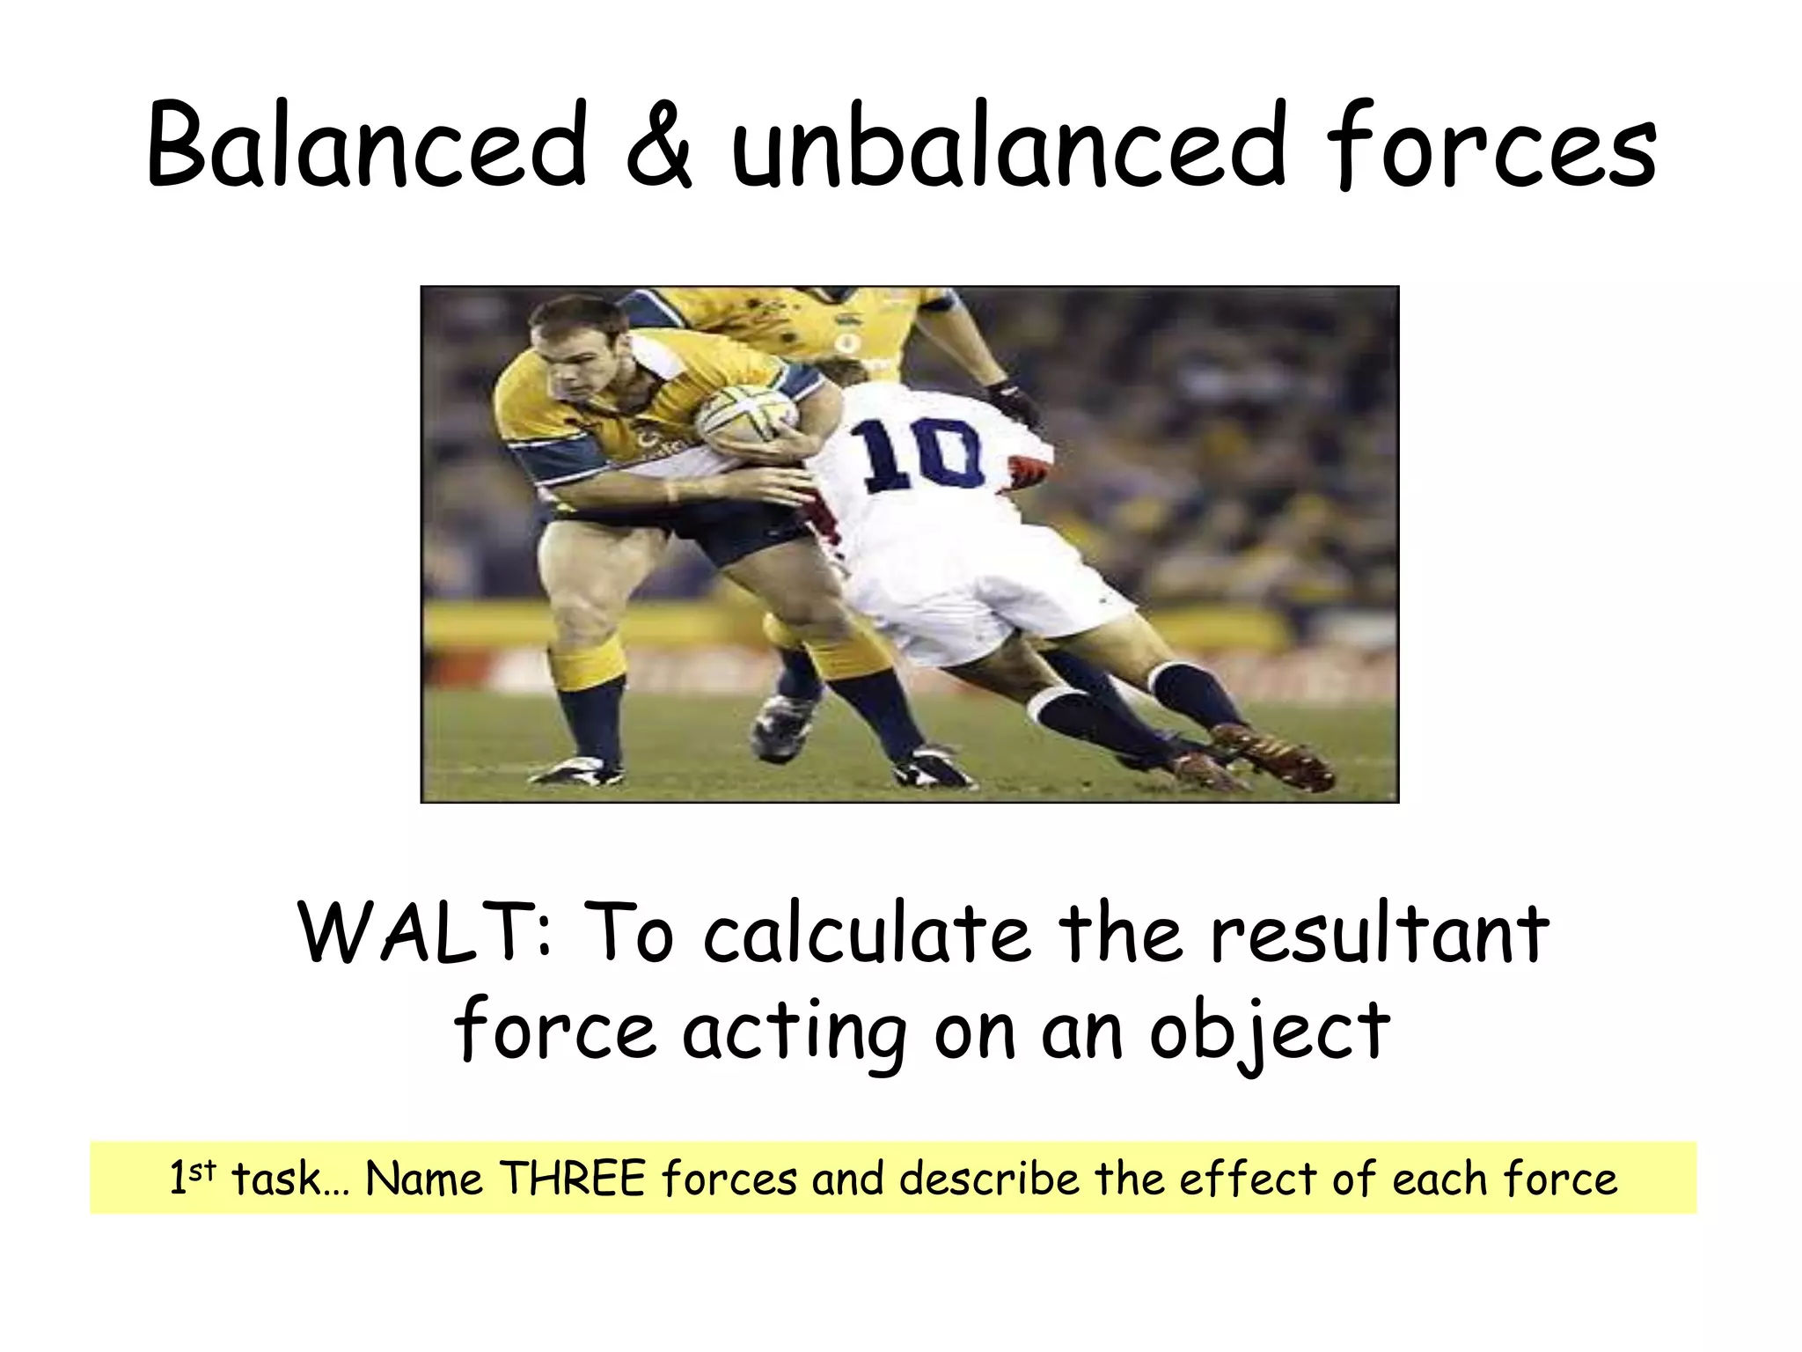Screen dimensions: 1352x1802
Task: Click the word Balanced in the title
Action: pyautogui.click(x=366, y=146)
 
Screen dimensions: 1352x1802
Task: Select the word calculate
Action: pyautogui.click(x=866, y=933)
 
